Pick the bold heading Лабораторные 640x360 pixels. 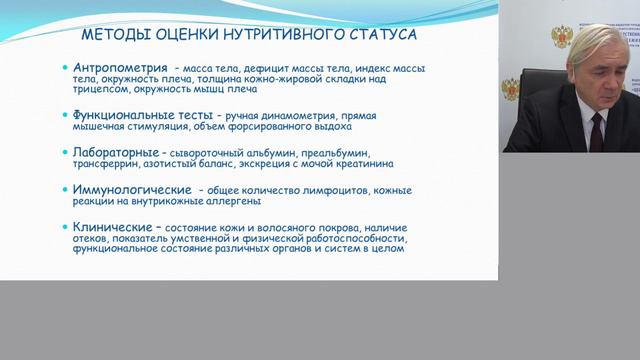[112, 152]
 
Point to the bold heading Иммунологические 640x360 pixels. [129, 188]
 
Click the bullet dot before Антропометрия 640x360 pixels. [63, 68]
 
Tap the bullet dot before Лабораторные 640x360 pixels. [63, 152]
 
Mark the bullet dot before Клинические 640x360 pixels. [63, 226]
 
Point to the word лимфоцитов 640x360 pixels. [328, 189]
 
